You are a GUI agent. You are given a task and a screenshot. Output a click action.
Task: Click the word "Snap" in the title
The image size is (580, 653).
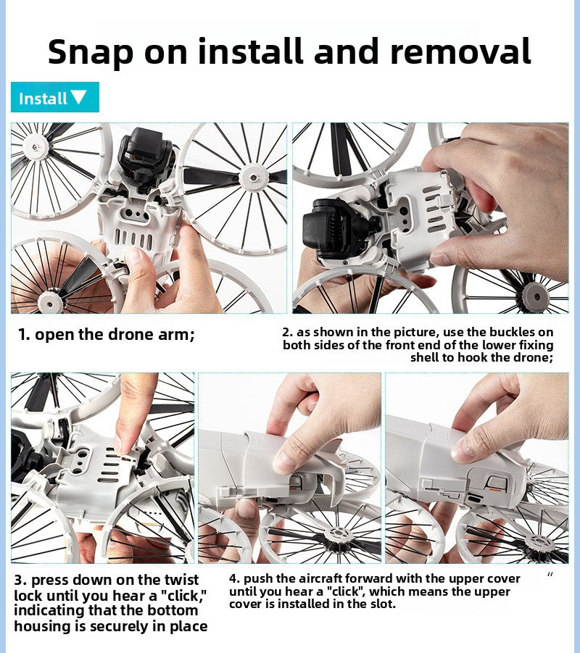(x=91, y=52)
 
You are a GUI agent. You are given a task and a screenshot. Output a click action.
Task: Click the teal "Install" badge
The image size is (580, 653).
(x=55, y=97)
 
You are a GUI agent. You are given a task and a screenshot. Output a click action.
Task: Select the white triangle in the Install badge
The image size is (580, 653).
(x=79, y=97)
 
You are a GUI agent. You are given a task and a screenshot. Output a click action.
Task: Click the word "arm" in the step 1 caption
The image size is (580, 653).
(x=175, y=335)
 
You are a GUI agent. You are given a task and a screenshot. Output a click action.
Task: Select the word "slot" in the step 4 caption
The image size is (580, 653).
(x=383, y=604)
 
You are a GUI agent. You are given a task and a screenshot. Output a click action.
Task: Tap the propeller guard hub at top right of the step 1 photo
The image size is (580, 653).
(x=254, y=178)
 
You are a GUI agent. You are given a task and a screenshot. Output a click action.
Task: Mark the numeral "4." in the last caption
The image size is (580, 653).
(x=235, y=579)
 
